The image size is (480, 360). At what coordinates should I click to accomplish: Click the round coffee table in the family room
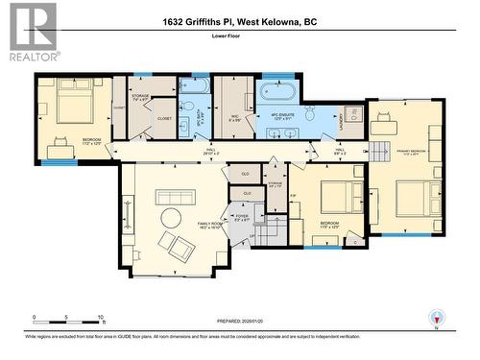(x=174, y=217)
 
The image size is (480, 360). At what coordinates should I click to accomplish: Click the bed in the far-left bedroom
(x=73, y=104)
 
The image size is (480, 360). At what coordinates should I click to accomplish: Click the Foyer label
(x=241, y=219)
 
